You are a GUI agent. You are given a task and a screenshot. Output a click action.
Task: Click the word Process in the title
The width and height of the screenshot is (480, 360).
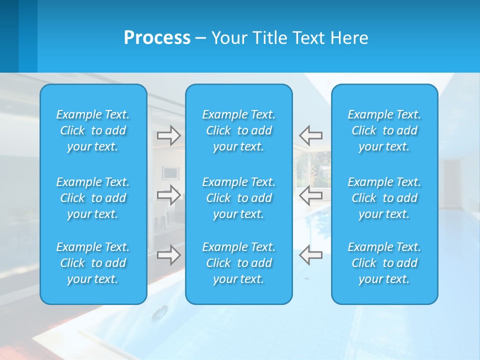[x=157, y=38]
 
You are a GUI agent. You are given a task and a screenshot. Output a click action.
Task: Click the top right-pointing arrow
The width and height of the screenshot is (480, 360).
[x=169, y=135]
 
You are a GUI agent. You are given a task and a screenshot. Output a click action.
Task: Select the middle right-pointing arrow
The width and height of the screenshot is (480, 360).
[x=169, y=194]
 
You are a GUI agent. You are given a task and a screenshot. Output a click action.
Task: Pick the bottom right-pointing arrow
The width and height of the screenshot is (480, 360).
[x=169, y=255]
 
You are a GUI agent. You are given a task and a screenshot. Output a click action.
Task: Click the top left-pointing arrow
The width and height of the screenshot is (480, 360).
[x=311, y=135]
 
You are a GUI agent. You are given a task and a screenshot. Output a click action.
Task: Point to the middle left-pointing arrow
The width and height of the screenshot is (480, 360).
[x=311, y=194]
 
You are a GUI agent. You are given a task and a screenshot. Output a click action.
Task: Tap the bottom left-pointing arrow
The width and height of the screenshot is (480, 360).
[x=311, y=255]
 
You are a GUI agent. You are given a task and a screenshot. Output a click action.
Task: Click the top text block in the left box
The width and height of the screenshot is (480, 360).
[x=93, y=130]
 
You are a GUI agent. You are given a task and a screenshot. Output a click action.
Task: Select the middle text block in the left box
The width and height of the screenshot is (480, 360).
[x=93, y=198]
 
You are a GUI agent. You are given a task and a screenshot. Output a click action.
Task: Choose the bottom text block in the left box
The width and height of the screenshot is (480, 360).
[x=93, y=263]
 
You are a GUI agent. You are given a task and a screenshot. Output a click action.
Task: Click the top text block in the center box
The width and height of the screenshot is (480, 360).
[x=239, y=130]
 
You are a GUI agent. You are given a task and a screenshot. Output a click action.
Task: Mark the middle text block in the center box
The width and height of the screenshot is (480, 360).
[x=239, y=198]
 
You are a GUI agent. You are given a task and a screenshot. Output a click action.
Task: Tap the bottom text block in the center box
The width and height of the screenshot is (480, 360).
[x=239, y=263]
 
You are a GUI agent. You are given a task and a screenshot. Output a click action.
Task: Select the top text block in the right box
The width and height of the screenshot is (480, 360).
[x=384, y=130]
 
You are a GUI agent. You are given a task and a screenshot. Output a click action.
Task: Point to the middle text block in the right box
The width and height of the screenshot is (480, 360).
[x=384, y=198]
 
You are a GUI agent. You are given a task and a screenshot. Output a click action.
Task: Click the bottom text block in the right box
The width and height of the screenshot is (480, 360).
[x=384, y=263]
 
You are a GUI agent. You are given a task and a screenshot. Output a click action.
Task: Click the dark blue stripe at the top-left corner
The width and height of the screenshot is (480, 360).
[x=9, y=35]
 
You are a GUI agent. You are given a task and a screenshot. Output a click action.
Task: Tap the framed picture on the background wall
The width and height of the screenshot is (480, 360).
[x=170, y=173]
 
